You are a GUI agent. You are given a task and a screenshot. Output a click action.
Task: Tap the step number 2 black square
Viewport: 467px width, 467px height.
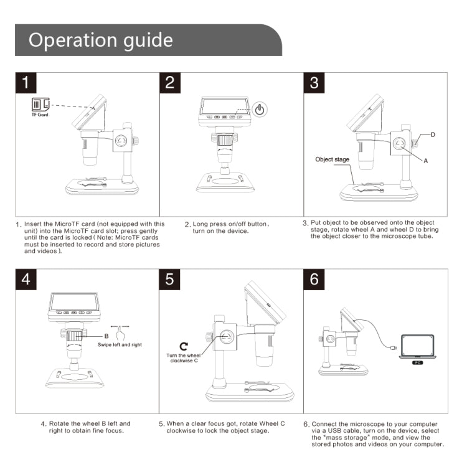point(170,83)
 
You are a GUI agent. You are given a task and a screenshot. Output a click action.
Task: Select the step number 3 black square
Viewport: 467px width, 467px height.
point(314,83)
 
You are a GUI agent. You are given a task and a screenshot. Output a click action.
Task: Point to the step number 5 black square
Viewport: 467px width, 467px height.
point(170,279)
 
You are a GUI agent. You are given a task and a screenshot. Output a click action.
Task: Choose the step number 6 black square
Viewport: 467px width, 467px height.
point(314,279)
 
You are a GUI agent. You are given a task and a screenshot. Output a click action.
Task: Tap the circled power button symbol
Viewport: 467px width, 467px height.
point(260,110)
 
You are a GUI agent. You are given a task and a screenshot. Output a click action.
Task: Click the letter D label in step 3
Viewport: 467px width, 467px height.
point(433,134)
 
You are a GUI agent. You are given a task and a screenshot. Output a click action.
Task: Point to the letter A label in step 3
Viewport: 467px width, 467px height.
point(426,160)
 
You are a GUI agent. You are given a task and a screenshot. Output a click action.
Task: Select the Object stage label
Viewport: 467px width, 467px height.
point(333,159)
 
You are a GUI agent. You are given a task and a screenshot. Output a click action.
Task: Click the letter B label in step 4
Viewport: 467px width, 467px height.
point(107,336)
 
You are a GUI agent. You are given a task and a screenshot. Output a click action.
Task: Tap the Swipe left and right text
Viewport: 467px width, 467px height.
point(120,344)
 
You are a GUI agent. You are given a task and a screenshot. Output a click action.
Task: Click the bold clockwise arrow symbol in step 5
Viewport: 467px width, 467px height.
point(183,346)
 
